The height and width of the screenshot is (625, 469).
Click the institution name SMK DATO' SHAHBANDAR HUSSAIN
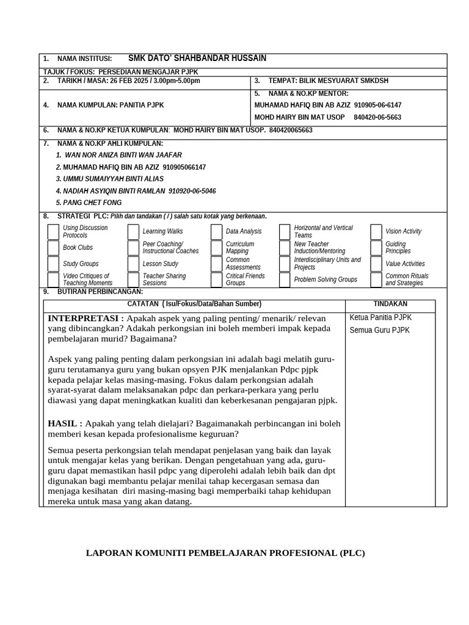pyautogui.click(x=197, y=59)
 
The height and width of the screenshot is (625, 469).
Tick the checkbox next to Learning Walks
pyautogui.click(x=133, y=232)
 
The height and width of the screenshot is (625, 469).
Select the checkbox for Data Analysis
pyautogui.click(x=216, y=232)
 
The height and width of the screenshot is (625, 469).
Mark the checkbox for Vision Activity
pyautogui.click(x=376, y=232)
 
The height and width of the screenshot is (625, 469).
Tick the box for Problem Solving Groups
pyautogui.click(x=285, y=280)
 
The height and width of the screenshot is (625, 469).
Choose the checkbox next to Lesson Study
pyautogui.click(x=133, y=264)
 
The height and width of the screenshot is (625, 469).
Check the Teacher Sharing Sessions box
pyautogui.click(x=133, y=280)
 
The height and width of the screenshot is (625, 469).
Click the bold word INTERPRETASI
pyautogui.click(x=85, y=319)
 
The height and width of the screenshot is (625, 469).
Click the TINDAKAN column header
pyautogui.click(x=390, y=304)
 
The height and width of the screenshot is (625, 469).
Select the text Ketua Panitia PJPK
pyautogui.click(x=380, y=317)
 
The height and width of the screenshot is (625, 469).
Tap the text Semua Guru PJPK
pyautogui.click(x=379, y=330)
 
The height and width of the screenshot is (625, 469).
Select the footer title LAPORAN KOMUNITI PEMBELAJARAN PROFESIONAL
pyautogui.click(x=225, y=554)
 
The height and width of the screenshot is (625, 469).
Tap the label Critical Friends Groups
pyautogui.click(x=245, y=280)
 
